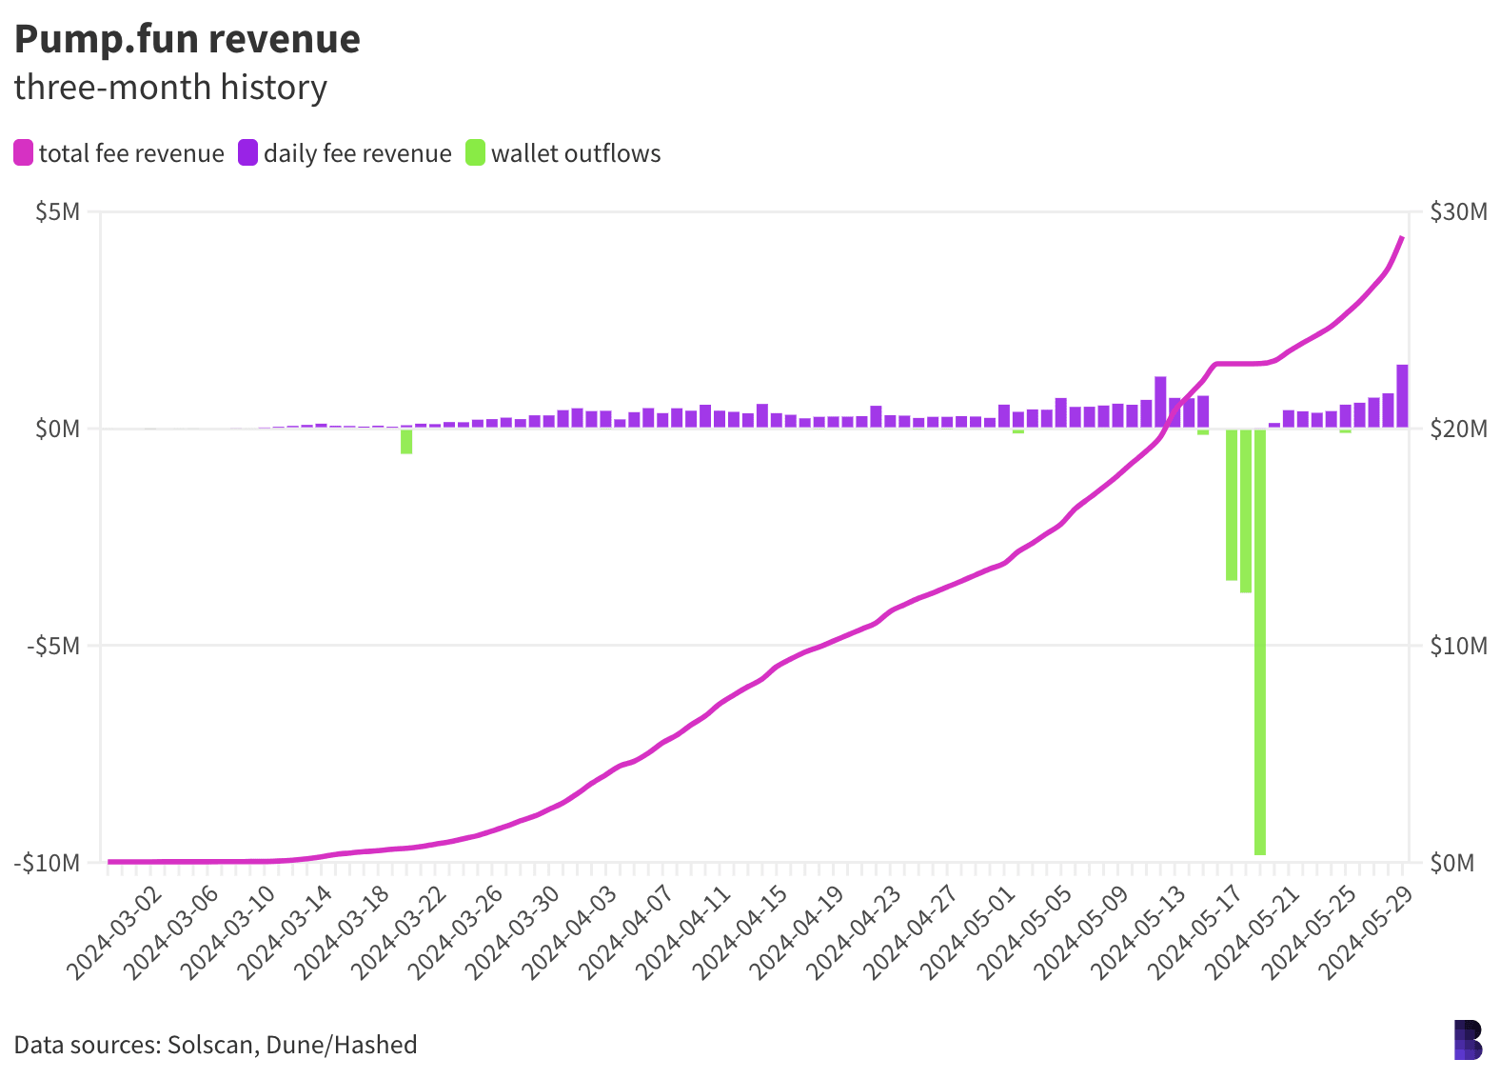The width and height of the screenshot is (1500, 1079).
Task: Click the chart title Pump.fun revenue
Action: click(187, 40)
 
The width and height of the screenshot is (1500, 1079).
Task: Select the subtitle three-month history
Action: click(170, 88)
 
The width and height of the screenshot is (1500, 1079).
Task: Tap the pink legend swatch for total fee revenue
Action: click(24, 153)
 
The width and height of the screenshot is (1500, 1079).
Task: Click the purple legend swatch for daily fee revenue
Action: click(248, 153)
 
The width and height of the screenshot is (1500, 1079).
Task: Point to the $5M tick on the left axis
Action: click(57, 211)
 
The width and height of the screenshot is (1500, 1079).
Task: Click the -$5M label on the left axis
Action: click(53, 646)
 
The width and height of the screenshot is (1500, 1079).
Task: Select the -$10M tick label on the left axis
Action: click(48, 863)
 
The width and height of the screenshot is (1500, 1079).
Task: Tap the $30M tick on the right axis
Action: click(1458, 211)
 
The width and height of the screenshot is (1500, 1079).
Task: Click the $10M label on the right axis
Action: click(1458, 646)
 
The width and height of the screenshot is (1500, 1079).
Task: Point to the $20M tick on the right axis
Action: click(1458, 429)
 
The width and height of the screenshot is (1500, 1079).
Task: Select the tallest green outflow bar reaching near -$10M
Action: click(1260, 643)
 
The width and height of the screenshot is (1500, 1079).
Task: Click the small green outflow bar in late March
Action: click(406, 441)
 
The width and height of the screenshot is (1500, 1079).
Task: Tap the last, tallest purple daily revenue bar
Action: click(1403, 396)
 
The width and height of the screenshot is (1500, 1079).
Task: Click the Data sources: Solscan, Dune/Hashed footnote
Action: click(216, 1045)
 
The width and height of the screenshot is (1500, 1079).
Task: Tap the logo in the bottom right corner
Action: click(1468, 1040)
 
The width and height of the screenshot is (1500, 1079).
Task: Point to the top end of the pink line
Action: click(1402, 237)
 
